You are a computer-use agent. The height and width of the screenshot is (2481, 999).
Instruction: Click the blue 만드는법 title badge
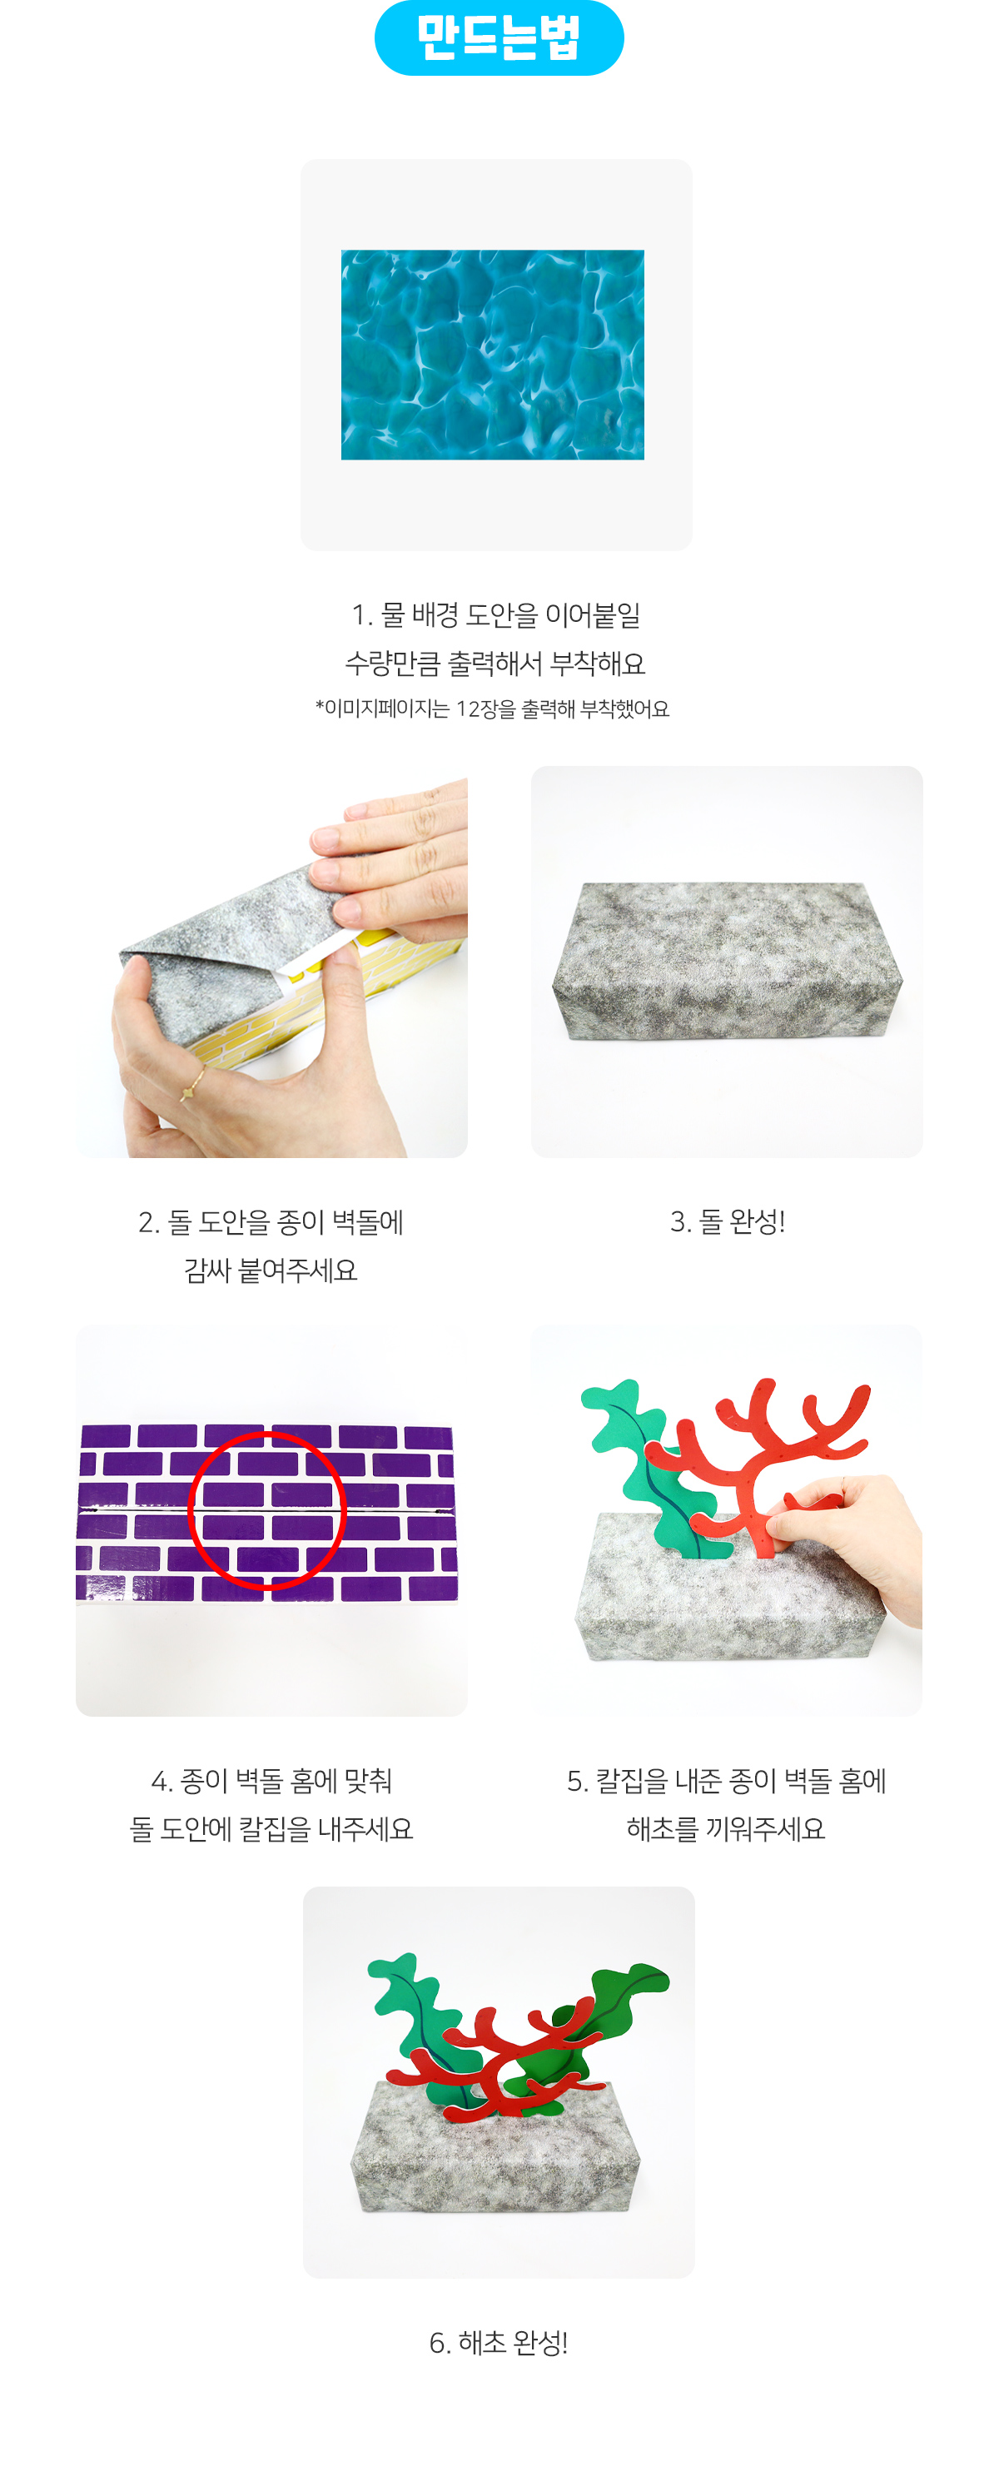click(499, 37)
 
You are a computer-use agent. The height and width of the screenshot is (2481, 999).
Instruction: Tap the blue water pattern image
click(492, 355)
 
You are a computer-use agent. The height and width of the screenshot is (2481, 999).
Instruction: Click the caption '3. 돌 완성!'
click(728, 1221)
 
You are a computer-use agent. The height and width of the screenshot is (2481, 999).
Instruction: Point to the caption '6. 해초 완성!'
click(498, 2341)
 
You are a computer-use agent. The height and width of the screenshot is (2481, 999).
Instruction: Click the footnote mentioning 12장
click(492, 709)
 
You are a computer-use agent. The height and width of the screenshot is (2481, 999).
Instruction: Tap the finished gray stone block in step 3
click(728, 959)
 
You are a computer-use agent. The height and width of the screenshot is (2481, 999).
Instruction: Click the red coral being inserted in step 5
click(760, 1464)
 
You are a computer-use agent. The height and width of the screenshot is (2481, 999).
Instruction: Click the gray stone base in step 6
click(495, 2153)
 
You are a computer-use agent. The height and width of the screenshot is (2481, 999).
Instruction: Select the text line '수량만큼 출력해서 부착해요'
click(495, 663)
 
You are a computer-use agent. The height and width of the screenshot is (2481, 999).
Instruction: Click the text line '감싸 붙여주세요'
click(271, 1270)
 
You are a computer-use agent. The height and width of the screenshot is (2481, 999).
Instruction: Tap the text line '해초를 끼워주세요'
click(727, 1828)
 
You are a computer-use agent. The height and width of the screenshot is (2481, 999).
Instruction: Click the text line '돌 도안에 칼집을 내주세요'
click(271, 1828)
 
